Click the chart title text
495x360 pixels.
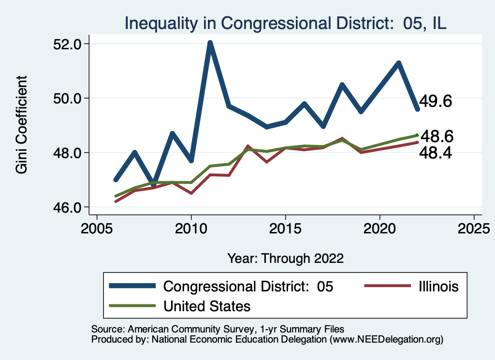pyautogui.click(x=285, y=23)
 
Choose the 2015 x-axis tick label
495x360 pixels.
pyautogui.click(x=285, y=227)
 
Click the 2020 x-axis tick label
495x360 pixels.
pyautogui.click(x=379, y=227)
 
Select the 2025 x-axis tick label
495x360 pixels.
pyautogui.click(x=474, y=227)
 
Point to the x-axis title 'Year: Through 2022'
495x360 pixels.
pyautogui.click(x=285, y=259)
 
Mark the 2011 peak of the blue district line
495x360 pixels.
pyautogui.click(x=210, y=43)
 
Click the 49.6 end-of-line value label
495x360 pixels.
pyautogui.click(x=435, y=101)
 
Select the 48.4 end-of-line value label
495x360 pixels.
pyautogui.click(x=436, y=153)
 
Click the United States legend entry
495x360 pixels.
pyautogui.click(x=207, y=306)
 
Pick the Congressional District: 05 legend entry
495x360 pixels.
pyautogui.click(x=248, y=287)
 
